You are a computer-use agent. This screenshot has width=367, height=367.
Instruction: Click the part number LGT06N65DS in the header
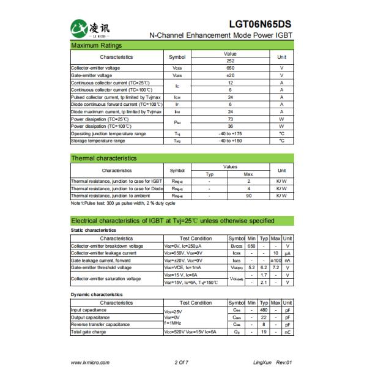[x=260, y=24]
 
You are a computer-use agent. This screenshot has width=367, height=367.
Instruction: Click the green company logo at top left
[x=80, y=28]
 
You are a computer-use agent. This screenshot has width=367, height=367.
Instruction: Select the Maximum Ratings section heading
[x=97, y=46]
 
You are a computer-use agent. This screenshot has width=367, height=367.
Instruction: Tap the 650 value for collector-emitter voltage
[x=231, y=68]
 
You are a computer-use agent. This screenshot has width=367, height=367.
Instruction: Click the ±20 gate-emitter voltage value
[x=231, y=75]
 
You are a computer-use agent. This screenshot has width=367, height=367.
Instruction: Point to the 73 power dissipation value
[x=231, y=119]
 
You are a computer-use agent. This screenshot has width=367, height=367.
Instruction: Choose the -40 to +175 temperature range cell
[x=231, y=133]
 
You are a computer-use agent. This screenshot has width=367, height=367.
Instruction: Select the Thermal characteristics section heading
[x=104, y=158]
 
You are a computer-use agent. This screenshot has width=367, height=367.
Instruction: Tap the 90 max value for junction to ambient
[x=249, y=196]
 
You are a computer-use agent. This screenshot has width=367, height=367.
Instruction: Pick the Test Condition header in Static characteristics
[x=196, y=238]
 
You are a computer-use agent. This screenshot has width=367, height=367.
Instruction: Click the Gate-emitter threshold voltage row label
[x=101, y=267]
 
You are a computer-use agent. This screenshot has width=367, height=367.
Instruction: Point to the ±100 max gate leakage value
[x=276, y=260]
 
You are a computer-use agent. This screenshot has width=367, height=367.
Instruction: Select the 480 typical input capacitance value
[x=264, y=310]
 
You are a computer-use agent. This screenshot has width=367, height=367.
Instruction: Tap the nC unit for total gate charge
[x=287, y=332]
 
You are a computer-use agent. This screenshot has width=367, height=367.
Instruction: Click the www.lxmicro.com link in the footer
[x=90, y=362]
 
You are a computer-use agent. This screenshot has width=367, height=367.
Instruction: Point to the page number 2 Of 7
[x=182, y=362]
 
